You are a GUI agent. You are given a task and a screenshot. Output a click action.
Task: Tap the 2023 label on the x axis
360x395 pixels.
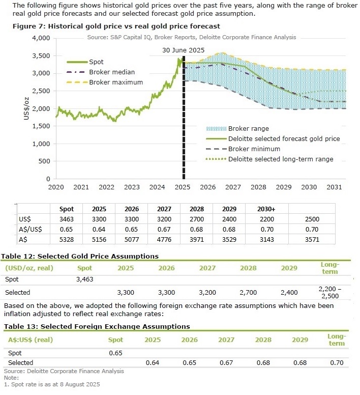tap(132, 187)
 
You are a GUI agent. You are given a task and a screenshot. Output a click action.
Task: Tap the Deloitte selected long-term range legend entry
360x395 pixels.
tap(281, 159)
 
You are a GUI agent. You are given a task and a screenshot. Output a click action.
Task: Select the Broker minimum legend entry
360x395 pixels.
tap(254, 149)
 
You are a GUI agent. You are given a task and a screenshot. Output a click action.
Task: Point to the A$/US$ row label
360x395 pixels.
tap(31, 230)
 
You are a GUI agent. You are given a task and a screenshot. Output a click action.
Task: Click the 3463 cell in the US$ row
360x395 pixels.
tap(67, 219)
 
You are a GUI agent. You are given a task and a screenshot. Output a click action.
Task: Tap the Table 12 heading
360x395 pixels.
tap(80, 256)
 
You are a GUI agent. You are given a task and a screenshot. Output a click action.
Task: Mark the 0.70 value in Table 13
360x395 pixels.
tap(336, 362)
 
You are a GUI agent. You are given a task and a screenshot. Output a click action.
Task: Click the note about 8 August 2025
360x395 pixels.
tap(51, 384)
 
